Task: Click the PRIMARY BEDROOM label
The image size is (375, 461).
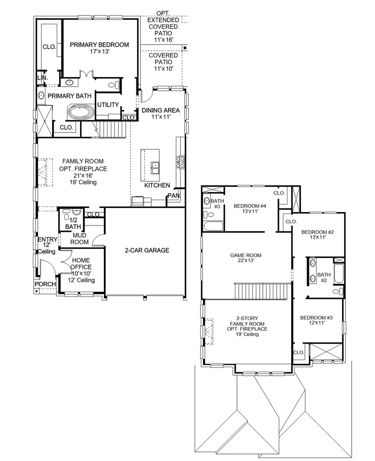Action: pos(99,45)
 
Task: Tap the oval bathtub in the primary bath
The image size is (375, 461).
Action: pos(81,113)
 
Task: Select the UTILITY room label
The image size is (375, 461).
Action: pos(108,105)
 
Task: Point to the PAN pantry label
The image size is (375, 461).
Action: pos(173,195)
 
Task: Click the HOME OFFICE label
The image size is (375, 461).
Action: pos(81,264)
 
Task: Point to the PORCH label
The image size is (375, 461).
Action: pos(45,284)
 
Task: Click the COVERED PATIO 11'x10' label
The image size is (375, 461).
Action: pos(163,62)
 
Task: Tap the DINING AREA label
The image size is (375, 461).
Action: pos(160,110)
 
